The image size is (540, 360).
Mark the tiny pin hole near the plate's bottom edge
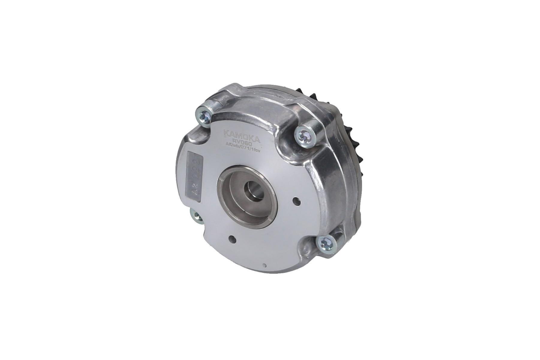[264, 265]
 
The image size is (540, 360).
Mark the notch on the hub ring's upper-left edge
[221, 180]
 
